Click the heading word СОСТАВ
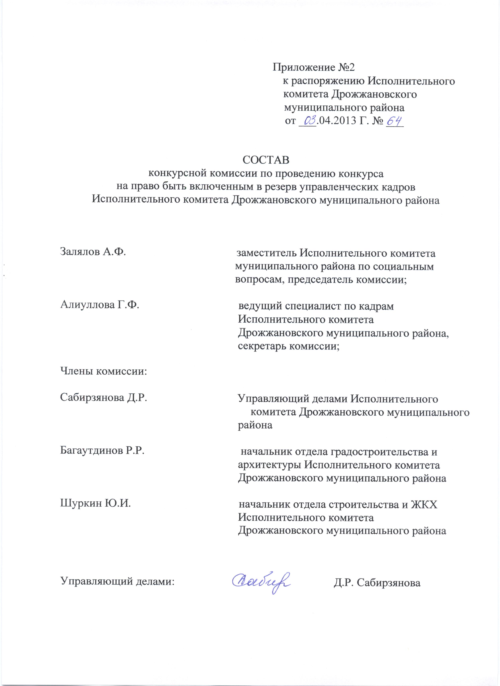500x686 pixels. (x=266, y=160)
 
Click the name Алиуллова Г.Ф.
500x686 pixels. (x=100, y=305)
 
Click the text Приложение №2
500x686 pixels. (x=314, y=67)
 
